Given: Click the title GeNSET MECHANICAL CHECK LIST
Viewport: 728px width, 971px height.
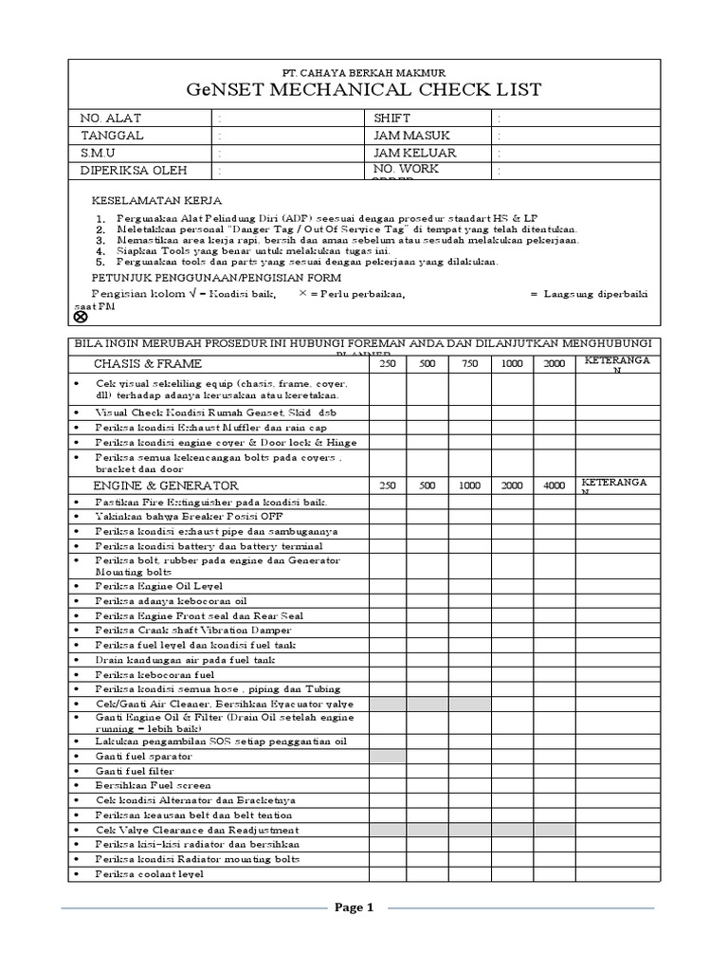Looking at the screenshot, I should (364, 90).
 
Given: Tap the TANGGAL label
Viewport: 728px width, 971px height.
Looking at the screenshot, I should (112, 136).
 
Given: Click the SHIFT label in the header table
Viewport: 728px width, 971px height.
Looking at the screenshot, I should (393, 119).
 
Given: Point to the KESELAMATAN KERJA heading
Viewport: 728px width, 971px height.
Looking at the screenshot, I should (156, 201).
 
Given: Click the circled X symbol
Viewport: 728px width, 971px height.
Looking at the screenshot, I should (81, 317).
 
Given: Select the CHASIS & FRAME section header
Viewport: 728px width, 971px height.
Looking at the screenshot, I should (148, 364).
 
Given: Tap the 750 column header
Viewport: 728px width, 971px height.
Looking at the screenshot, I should (469, 364).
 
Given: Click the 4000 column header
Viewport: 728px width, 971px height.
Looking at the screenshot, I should (554, 485).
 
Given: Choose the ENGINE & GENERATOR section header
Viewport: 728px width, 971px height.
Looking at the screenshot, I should (165, 485).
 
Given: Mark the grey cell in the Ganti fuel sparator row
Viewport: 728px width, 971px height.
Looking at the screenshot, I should (387, 757).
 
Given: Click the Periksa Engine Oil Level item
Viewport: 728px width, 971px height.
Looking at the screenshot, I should (157, 586).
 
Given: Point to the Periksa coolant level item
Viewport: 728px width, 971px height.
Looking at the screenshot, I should (149, 874).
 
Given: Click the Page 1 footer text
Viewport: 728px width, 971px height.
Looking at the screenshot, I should (355, 907).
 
